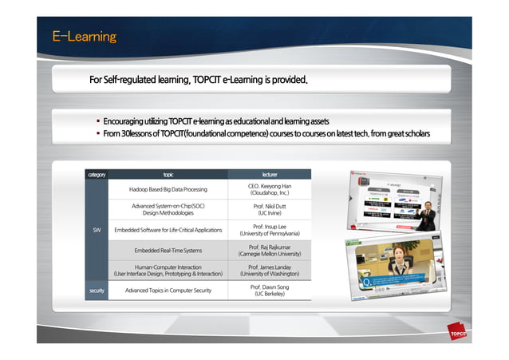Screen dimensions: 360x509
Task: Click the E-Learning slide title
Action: pyautogui.click(x=84, y=37)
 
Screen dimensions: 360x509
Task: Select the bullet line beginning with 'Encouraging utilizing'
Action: pyautogui.click(x=215, y=121)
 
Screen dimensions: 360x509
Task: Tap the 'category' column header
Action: pyautogui.click(x=97, y=173)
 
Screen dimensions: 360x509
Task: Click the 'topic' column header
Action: pyautogui.click(x=168, y=173)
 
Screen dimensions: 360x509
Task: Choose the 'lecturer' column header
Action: pyautogui.click(x=269, y=173)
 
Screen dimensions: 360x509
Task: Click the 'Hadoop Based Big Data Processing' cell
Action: pyautogui.click(x=168, y=189)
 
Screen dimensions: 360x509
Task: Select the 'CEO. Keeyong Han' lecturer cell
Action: pyautogui.click(x=269, y=189)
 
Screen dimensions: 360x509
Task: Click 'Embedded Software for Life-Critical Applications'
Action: pyautogui.click(x=168, y=230)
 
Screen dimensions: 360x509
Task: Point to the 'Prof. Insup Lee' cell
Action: pyautogui.click(x=269, y=230)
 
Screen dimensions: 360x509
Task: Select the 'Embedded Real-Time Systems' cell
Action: pyautogui.click(x=168, y=251)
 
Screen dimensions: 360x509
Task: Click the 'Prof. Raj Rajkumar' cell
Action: pyautogui.click(x=269, y=251)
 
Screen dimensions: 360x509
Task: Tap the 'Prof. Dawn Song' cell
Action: pyautogui.click(x=269, y=290)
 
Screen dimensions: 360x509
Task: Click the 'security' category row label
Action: pyautogui.click(x=97, y=291)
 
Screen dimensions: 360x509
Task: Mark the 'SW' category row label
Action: pyautogui.click(x=97, y=230)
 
